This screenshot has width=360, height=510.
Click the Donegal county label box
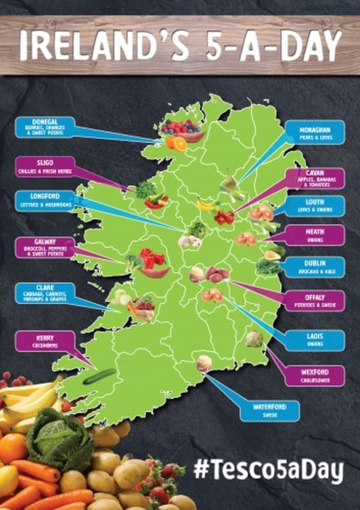click(44, 127)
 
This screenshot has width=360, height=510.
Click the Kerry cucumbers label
click(44, 341)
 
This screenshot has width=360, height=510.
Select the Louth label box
click(316, 206)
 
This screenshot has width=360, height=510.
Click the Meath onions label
click(316, 235)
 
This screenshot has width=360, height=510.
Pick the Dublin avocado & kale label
click(316, 267)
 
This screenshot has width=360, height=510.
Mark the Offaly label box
click(316, 300)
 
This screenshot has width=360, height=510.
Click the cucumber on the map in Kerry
click(100, 376)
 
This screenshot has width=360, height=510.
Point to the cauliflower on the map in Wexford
click(254, 338)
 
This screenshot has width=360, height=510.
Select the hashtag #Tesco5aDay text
click(269, 471)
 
